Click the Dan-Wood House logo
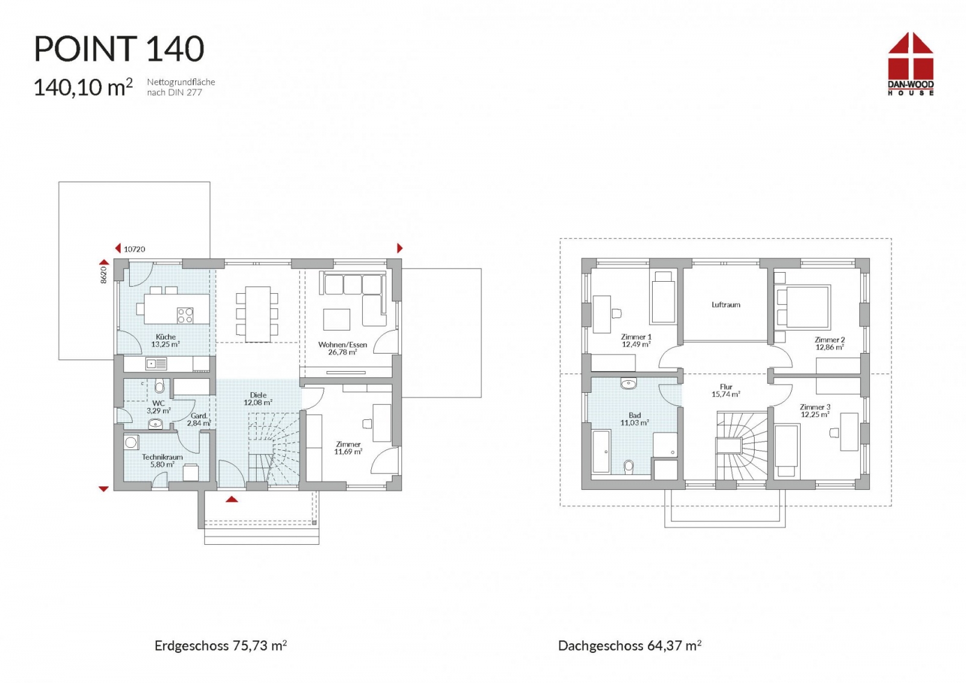(x=910, y=64)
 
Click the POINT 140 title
(x=119, y=49)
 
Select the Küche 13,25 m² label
(x=165, y=341)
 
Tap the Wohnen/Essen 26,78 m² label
(x=342, y=348)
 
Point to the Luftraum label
(x=726, y=305)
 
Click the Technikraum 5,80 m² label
(x=162, y=460)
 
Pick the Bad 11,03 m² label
(x=635, y=419)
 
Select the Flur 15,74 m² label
(x=726, y=390)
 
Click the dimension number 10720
(x=134, y=249)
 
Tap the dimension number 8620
(x=103, y=275)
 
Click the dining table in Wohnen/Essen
(x=258, y=314)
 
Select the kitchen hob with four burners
(x=185, y=315)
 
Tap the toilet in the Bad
(x=629, y=466)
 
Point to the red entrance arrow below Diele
(x=232, y=499)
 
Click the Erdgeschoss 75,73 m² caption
(x=220, y=646)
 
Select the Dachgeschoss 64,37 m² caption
(x=629, y=646)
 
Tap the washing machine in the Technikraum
(x=132, y=443)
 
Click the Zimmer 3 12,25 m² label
(x=815, y=411)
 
